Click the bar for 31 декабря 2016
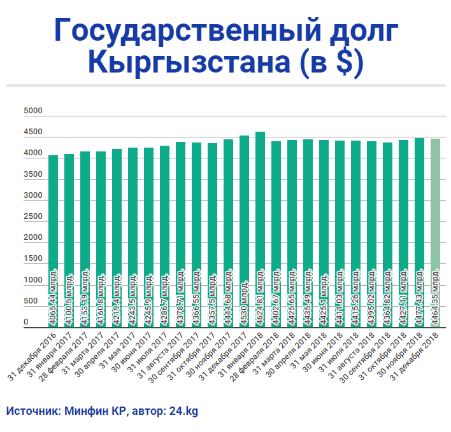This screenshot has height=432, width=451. click(x=54, y=210)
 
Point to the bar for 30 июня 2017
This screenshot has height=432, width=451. click(x=148, y=210)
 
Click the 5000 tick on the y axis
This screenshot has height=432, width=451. click(x=32, y=111)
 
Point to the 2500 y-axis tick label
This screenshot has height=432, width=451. click(x=32, y=217)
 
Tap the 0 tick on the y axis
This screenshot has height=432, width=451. click(x=27, y=323)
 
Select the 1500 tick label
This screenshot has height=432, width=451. click(x=32, y=259)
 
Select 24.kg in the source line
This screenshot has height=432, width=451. click(x=184, y=411)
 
